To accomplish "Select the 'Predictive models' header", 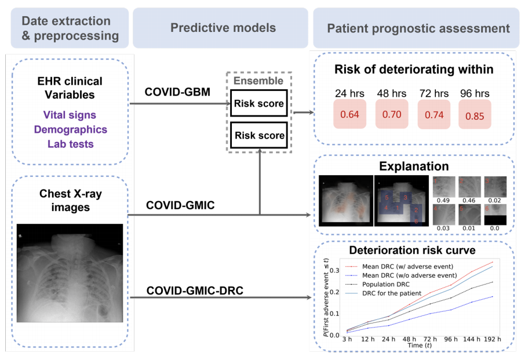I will (222, 28).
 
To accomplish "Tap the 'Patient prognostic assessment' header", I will (418, 28).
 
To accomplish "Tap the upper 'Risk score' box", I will (258, 104).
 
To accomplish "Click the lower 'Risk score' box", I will (258, 136).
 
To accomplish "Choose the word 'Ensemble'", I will (258, 81).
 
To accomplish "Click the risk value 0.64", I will (349, 114).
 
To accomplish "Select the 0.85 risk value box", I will (475, 115).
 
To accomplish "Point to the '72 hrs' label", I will (432, 93).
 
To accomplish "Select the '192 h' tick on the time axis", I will (493, 339).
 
